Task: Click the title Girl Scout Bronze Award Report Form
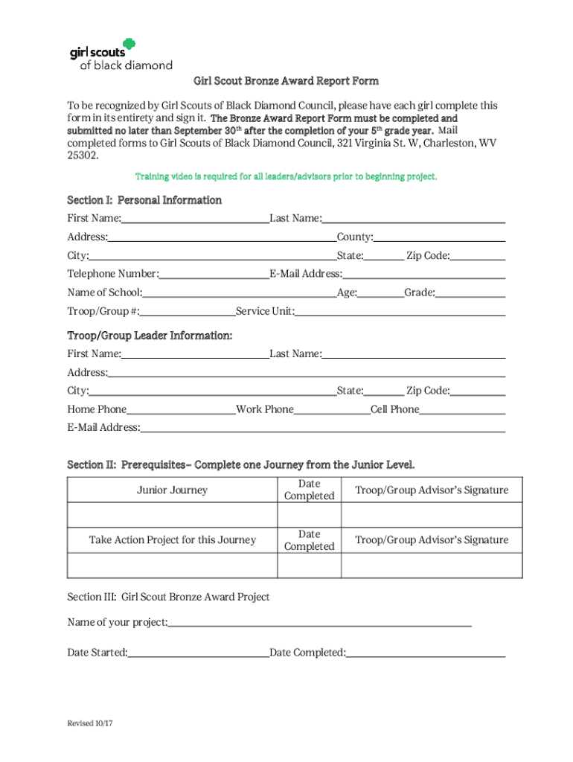click(x=286, y=81)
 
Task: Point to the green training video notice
click(x=286, y=177)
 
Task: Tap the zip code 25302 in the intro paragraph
click(x=82, y=156)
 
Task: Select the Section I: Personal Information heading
click(x=144, y=200)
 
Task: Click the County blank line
click(x=439, y=237)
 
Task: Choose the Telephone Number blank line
click(x=213, y=275)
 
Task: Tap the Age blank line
click(x=380, y=293)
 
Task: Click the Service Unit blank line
click(x=400, y=312)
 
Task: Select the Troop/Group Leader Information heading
click(x=150, y=336)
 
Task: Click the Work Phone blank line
click(x=332, y=410)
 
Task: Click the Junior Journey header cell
click(x=172, y=490)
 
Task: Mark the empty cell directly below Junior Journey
click(x=172, y=515)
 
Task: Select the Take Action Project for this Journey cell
click(x=172, y=540)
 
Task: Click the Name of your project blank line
click(x=319, y=623)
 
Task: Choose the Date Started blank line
click(x=198, y=653)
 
